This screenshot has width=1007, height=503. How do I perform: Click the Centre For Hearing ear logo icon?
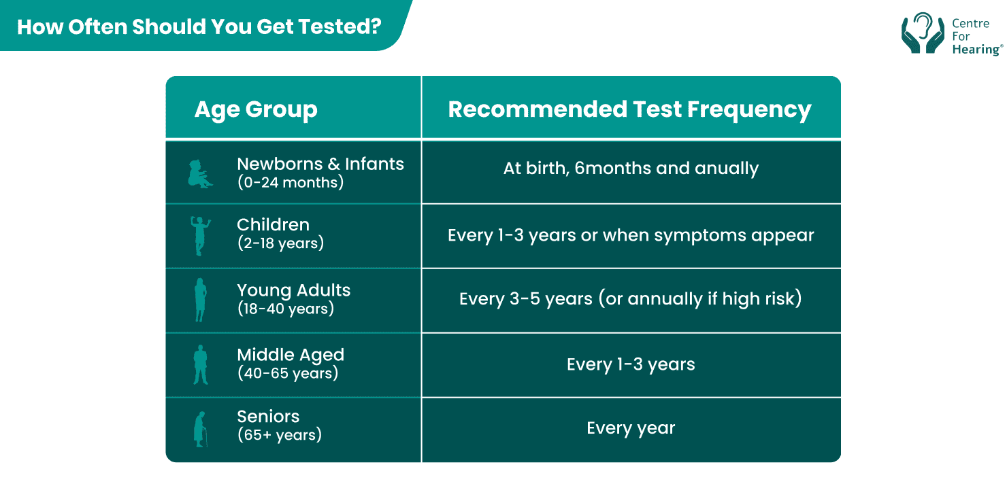pos(922,33)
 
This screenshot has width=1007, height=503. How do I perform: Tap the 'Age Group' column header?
pos(256,109)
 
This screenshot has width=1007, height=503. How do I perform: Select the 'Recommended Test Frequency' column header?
pos(629,109)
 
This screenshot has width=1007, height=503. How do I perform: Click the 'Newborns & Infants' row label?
pos(320,164)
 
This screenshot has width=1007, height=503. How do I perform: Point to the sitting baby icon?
pos(199,173)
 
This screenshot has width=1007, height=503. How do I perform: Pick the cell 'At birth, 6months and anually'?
pos(631,169)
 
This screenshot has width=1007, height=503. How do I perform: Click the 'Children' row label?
pos(273,224)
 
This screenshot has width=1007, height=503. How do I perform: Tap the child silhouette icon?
pos(200,236)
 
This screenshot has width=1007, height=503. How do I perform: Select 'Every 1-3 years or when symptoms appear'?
pos(631,235)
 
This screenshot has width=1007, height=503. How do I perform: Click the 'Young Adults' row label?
pos(293,290)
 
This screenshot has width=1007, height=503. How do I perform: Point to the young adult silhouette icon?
pos(200,300)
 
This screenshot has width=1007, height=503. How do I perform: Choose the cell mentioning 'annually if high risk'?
pos(631,299)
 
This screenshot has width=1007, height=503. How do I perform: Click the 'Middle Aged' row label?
pos(291,355)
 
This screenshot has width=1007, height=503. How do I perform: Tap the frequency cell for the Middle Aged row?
pos(631,364)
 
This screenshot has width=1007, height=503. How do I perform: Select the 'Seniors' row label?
pos(268,416)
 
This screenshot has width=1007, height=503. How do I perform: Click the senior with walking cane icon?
pos(200,429)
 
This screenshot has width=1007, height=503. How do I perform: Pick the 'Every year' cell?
pos(631,428)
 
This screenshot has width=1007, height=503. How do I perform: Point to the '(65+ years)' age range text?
pos(279,435)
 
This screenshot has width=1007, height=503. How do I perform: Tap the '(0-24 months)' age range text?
pos(291,182)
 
